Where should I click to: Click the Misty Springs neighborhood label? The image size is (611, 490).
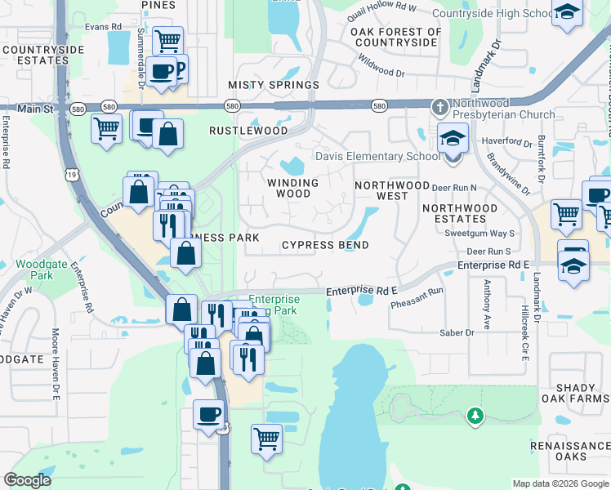[x=273, y=85]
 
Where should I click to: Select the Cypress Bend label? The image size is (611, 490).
[x=325, y=245]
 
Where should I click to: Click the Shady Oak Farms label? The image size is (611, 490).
[x=575, y=392]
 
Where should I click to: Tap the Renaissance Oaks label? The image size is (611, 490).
[x=569, y=452]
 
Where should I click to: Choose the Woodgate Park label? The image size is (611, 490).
[x=34, y=270]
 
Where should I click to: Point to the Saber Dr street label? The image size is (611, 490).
[x=457, y=332]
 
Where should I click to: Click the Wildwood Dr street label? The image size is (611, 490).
[x=382, y=66]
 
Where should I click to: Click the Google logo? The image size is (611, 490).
[x=28, y=480]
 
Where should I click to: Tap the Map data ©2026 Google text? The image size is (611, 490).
[x=560, y=483]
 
